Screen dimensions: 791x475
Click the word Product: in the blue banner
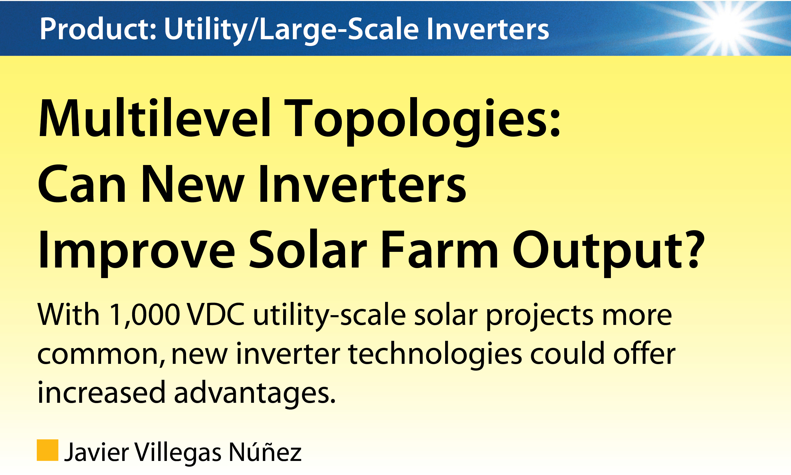98,29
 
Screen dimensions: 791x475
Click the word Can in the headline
82,185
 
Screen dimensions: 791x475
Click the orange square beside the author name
47,450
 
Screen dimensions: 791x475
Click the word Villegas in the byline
178,453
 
